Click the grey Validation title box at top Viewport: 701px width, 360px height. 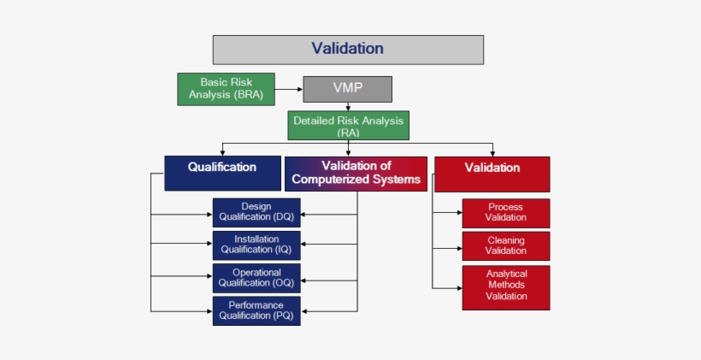pyautogui.click(x=347, y=50)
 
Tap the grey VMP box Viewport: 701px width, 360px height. pyautogui.click(x=347, y=89)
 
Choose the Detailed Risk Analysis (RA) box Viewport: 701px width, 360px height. pyautogui.click(x=348, y=126)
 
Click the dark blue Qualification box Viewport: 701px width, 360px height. pyautogui.click(x=222, y=172)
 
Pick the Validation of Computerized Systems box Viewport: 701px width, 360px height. pyautogui.click(x=356, y=173)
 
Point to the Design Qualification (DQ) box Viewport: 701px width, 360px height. pyautogui.click(x=256, y=212)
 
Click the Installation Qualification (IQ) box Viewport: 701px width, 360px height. pyautogui.click(x=256, y=245)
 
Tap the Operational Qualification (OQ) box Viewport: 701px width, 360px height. pyautogui.click(x=256, y=278)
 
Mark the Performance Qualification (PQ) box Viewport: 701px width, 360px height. pyautogui.click(x=256, y=310)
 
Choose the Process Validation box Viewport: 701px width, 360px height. pyautogui.click(x=505, y=213)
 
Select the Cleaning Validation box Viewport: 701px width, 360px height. pyautogui.click(x=505, y=246)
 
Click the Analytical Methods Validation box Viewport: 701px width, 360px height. pyautogui.click(x=505, y=287)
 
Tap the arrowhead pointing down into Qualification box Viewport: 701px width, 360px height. pyautogui.click(x=222, y=152)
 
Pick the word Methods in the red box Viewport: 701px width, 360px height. pyautogui.click(x=506, y=286)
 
